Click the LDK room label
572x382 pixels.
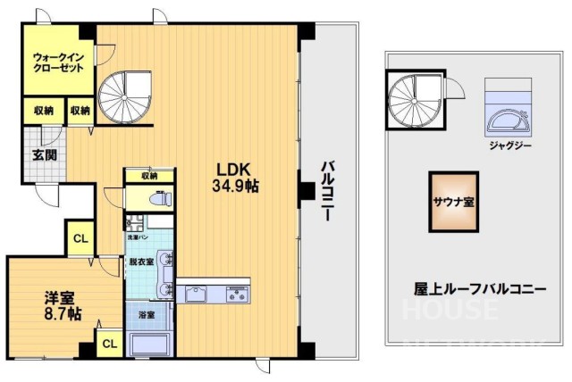[x=236, y=170]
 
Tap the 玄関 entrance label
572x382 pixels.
[x=44, y=154]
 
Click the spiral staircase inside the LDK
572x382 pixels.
[x=126, y=95]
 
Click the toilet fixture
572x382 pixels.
[x=156, y=200]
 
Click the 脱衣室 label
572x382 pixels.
[x=140, y=262]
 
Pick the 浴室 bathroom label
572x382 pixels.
[x=146, y=314]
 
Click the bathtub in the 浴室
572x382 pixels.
[x=150, y=345]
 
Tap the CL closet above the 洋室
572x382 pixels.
[x=80, y=238]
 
